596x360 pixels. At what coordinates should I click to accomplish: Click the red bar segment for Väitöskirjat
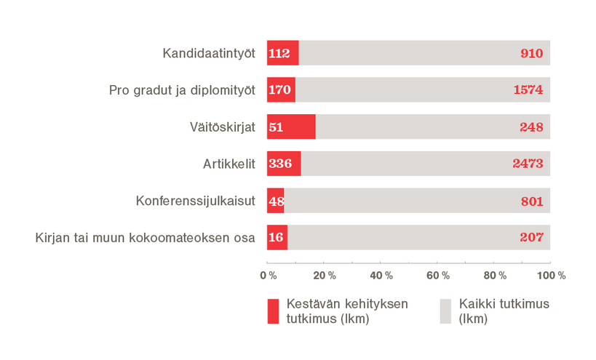(x=292, y=127)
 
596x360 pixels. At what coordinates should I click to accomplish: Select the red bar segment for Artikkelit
(x=284, y=164)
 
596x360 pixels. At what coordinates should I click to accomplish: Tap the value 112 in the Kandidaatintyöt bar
(x=279, y=53)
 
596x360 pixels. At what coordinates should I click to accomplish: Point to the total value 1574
(x=527, y=90)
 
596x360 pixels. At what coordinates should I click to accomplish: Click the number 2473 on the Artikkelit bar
(x=527, y=164)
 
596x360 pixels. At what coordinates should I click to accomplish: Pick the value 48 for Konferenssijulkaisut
(x=276, y=201)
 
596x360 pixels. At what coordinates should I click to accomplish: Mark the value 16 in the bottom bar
(x=277, y=237)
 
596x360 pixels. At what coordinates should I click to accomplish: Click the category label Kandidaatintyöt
(x=208, y=53)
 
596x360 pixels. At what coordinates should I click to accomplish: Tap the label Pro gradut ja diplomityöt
(x=182, y=90)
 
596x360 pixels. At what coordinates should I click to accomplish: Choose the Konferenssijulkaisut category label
(x=196, y=201)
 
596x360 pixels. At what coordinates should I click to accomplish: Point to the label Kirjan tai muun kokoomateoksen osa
(x=145, y=237)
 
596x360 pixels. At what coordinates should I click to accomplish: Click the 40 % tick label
(x=381, y=276)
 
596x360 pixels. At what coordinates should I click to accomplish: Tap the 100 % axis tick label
(x=551, y=276)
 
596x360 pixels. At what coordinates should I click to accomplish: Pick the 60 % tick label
(x=438, y=276)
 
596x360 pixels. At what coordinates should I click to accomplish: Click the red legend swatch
(x=273, y=311)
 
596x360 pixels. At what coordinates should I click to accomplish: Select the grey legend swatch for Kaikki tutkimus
(x=445, y=311)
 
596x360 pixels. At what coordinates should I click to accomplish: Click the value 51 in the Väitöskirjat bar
(x=276, y=127)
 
